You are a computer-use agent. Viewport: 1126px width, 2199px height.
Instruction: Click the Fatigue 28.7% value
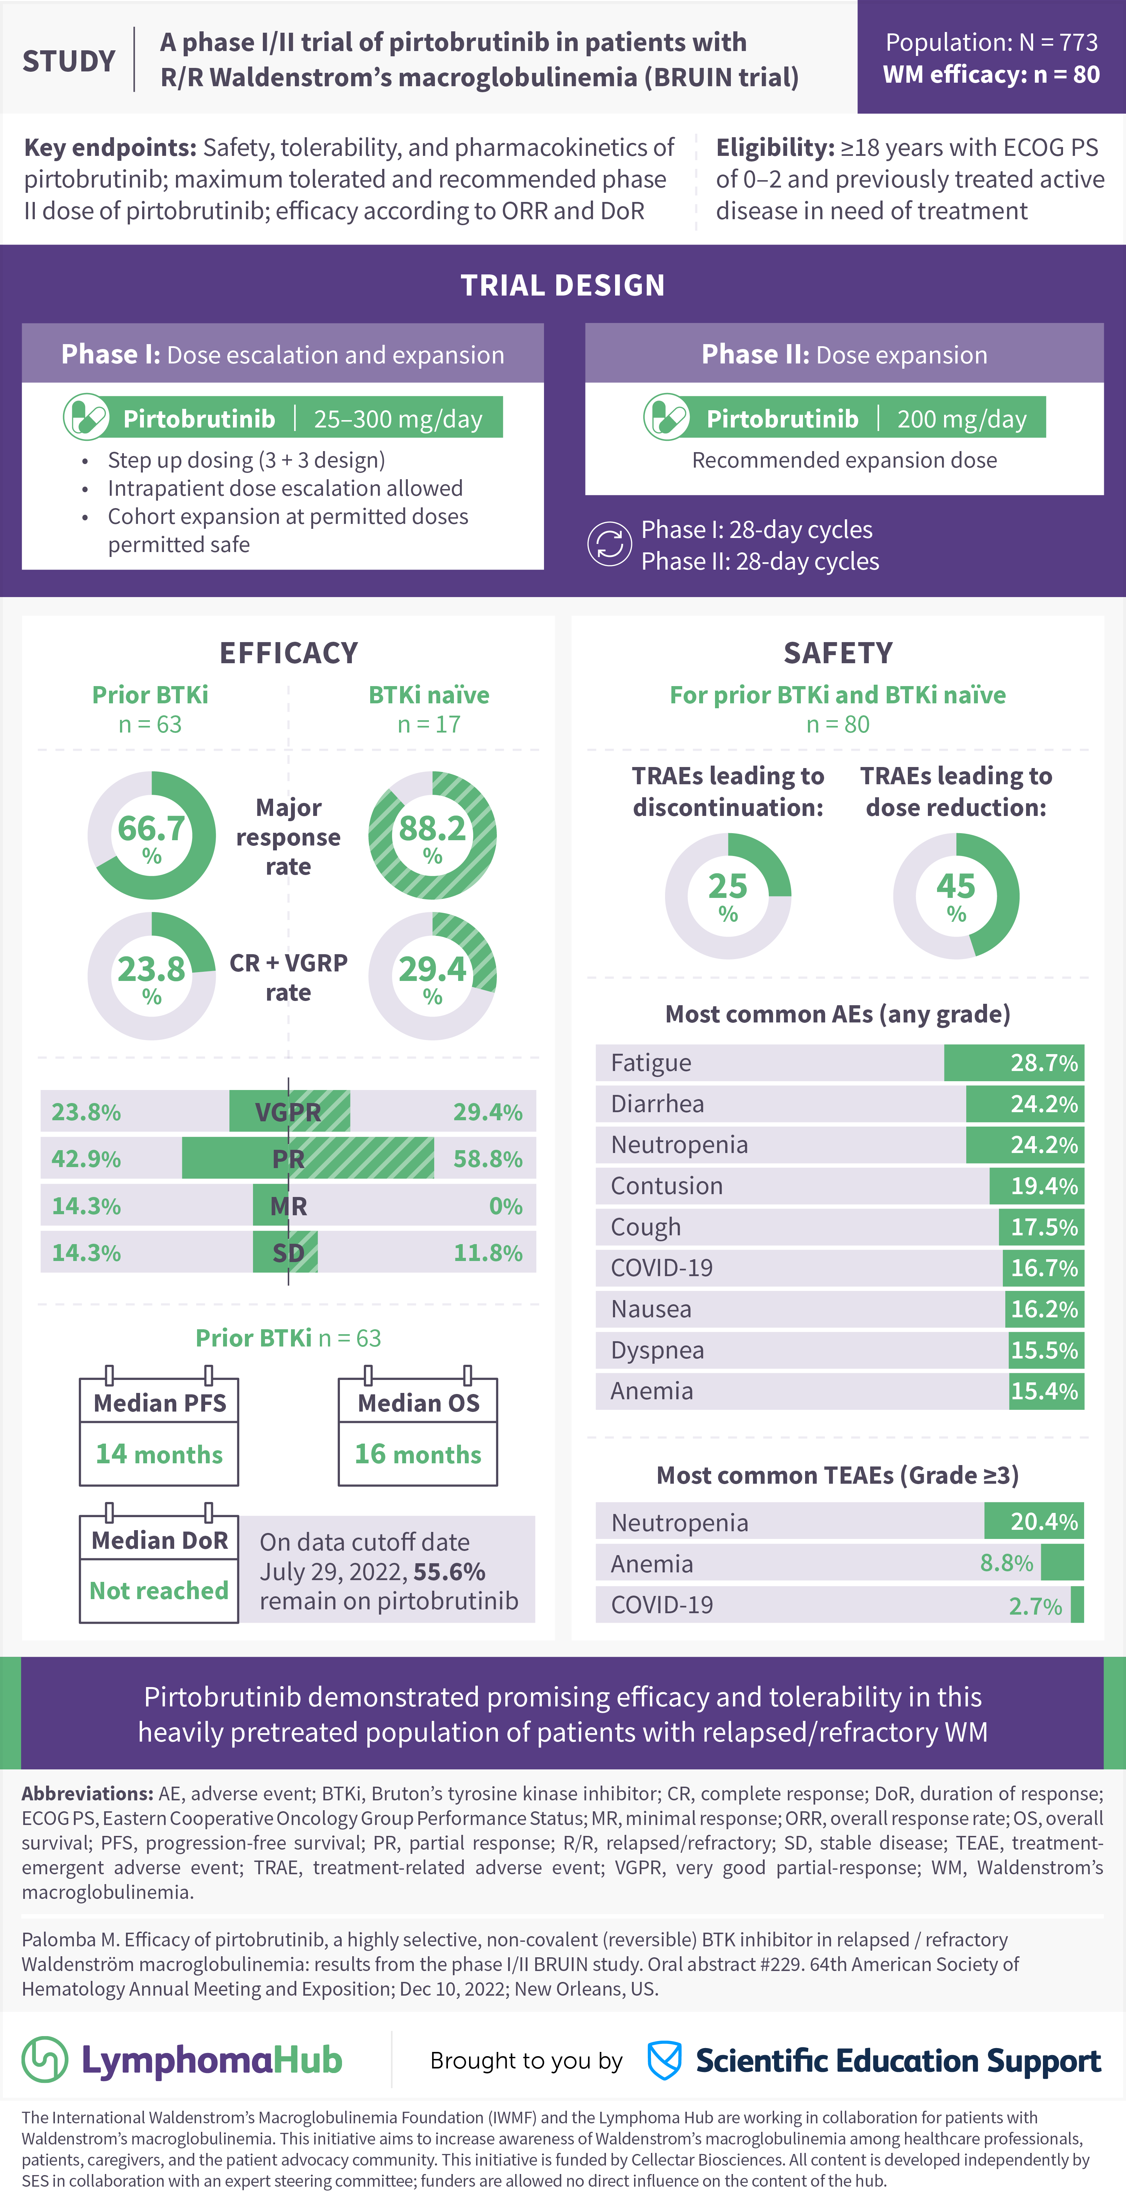coord(1043,1063)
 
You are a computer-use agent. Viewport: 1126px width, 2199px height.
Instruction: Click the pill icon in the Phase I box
coord(86,417)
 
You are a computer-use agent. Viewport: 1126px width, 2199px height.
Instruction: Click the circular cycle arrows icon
coord(609,545)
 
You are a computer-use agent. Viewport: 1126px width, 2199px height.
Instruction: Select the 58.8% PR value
coord(487,1159)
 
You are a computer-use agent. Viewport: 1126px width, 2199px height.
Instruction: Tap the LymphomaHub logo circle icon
coord(44,2060)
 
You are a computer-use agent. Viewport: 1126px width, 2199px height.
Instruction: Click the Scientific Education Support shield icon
coord(664,2060)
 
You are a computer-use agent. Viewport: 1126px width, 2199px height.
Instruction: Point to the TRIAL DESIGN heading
coord(563,285)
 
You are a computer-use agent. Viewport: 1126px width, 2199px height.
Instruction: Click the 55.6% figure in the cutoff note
coord(449,1572)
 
